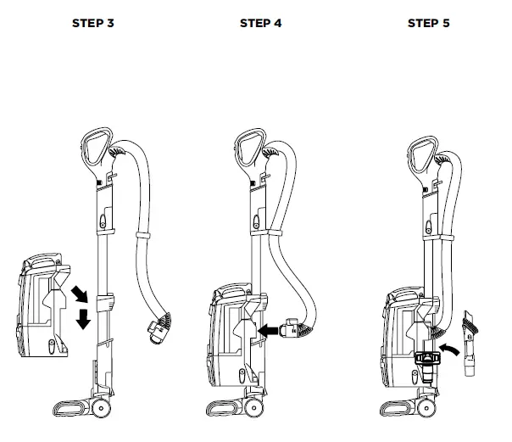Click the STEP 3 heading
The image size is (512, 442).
pyautogui.click(x=93, y=23)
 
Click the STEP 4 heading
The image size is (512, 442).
pyautogui.click(x=261, y=23)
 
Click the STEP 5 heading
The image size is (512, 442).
pyautogui.click(x=429, y=23)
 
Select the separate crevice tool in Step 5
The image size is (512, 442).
pyautogui.click(x=470, y=339)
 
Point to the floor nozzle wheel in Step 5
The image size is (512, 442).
pyautogui.click(x=432, y=408)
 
